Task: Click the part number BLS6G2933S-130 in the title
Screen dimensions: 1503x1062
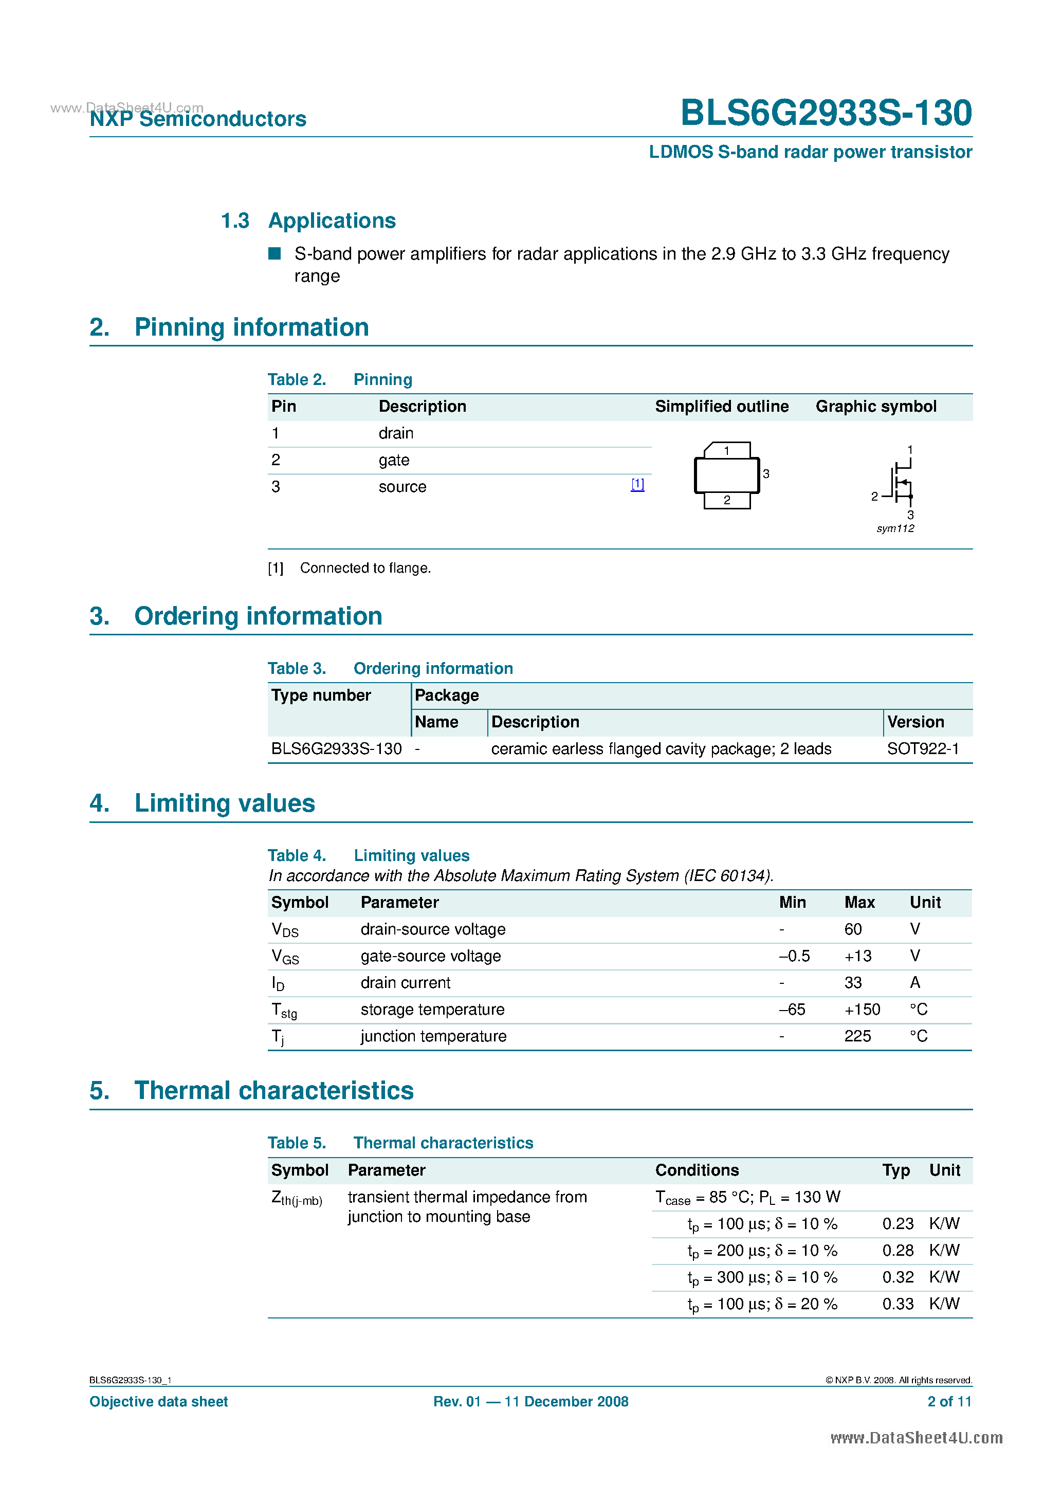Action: [x=826, y=113]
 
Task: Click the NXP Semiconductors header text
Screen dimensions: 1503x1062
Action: [x=198, y=119]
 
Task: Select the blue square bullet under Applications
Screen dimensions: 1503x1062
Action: [x=275, y=253]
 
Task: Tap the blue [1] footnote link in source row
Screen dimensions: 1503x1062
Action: [x=637, y=484]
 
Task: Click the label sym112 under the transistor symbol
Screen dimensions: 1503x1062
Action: [x=895, y=528]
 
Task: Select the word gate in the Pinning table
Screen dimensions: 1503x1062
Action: [x=394, y=460]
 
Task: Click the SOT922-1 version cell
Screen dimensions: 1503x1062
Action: [x=923, y=749]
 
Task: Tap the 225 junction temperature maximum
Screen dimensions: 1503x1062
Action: [x=857, y=1036]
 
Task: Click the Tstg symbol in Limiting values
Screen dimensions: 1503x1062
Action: [x=284, y=1011]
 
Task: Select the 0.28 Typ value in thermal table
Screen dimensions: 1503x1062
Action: [x=898, y=1250]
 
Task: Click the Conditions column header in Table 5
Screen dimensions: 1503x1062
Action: [x=697, y=1170]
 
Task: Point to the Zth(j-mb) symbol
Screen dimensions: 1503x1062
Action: [x=297, y=1199]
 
